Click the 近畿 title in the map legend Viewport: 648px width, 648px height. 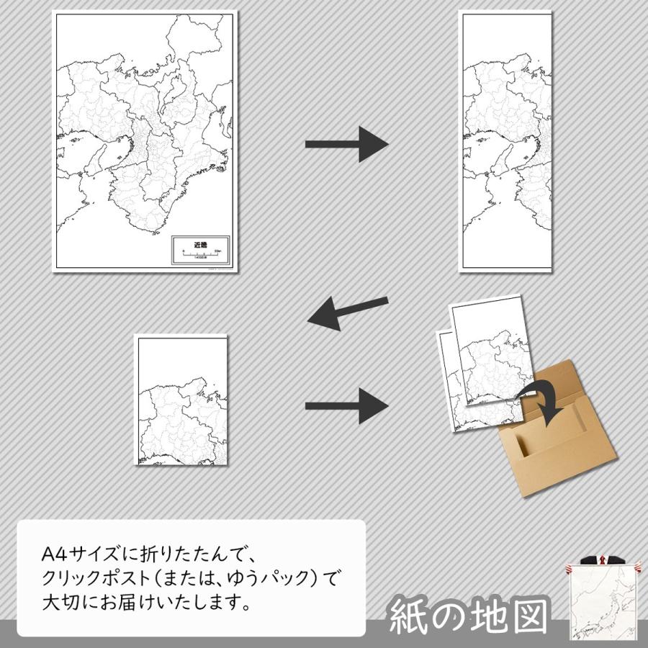199,244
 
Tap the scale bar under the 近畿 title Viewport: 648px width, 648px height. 200,253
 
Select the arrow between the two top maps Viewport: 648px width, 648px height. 346,144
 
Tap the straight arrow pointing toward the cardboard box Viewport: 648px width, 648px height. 346,406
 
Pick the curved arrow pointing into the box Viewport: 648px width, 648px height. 546,400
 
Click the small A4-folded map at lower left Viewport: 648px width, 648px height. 182,402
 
